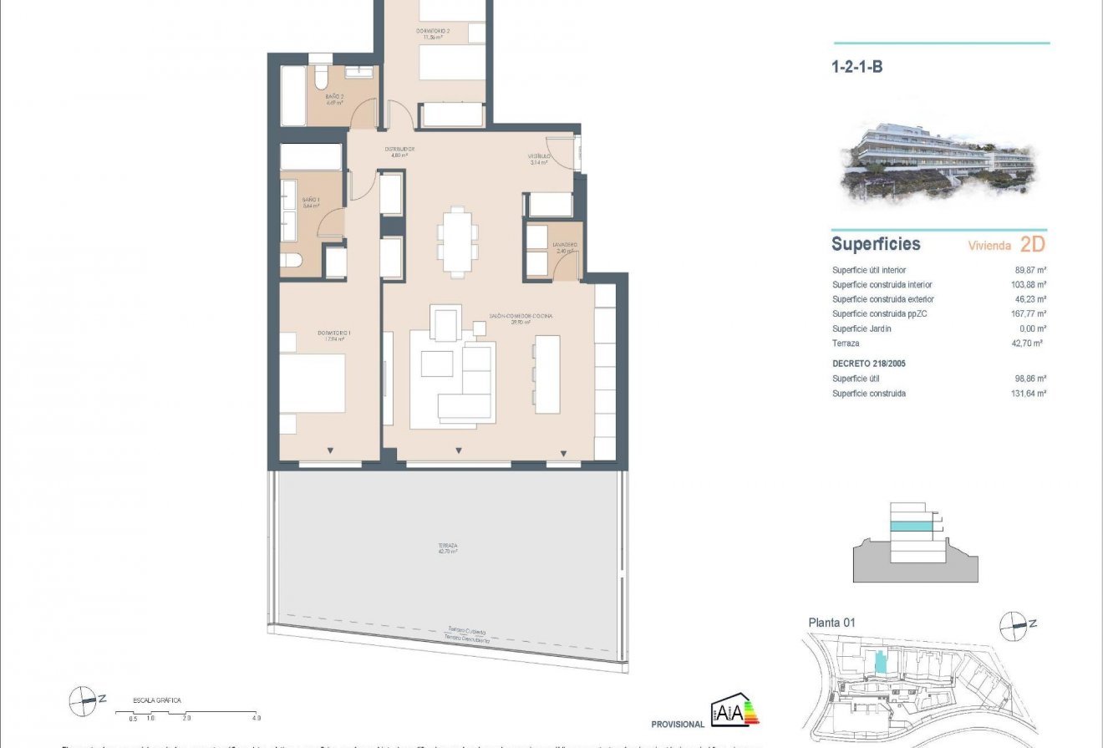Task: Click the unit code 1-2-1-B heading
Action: (x=857, y=68)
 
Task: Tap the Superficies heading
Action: (x=876, y=244)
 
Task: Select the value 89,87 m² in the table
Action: (x=1029, y=270)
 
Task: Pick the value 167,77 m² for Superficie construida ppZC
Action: (x=1029, y=314)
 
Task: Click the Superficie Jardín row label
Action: (x=862, y=328)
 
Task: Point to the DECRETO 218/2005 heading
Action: (x=869, y=364)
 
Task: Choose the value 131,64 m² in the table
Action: (x=1029, y=394)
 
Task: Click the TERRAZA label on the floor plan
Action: (x=447, y=547)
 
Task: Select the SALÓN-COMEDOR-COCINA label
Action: (x=521, y=317)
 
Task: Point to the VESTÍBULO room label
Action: (x=538, y=157)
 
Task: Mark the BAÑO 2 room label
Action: (x=335, y=97)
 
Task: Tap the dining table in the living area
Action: (x=457, y=242)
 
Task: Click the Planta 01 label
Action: (x=831, y=623)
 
